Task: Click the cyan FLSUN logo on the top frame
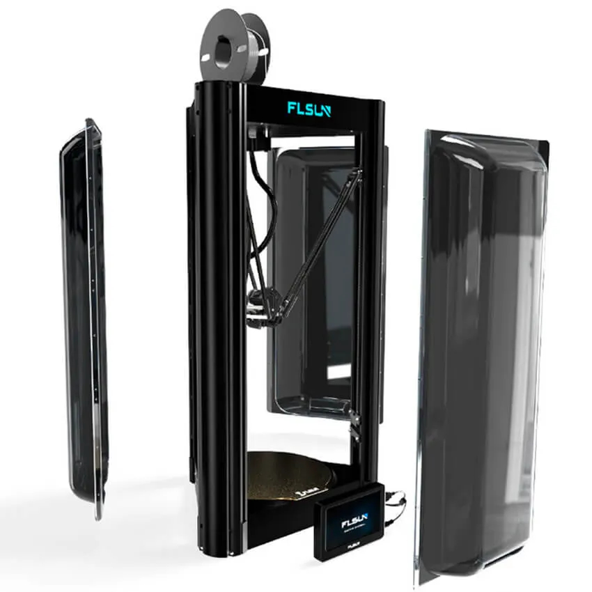pos(311,108)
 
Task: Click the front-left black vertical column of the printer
pos(219,313)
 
